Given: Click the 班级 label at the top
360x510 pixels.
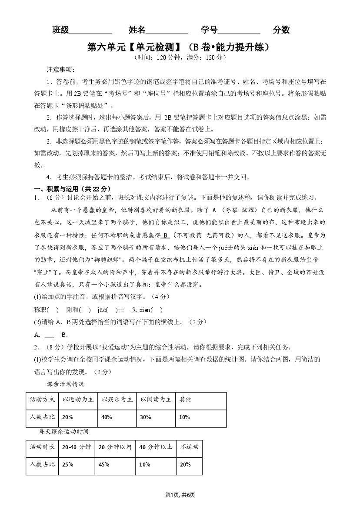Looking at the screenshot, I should click(61, 30).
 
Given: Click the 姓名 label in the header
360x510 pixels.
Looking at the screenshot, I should click(137, 30).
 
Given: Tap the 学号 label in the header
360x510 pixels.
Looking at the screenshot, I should click(209, 30).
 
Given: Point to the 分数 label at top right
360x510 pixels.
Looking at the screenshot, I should click(281, 30).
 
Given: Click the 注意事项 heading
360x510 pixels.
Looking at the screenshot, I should click(60, 70).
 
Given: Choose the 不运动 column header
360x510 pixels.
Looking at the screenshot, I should click(189, 447).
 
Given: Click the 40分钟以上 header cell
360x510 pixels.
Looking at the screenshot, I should click(155, 447).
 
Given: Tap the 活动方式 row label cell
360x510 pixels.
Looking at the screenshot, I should click(42, 399).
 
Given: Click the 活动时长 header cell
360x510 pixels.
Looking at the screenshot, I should click(42, 447).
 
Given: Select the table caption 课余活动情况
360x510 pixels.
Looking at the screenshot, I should click(65, 384).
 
